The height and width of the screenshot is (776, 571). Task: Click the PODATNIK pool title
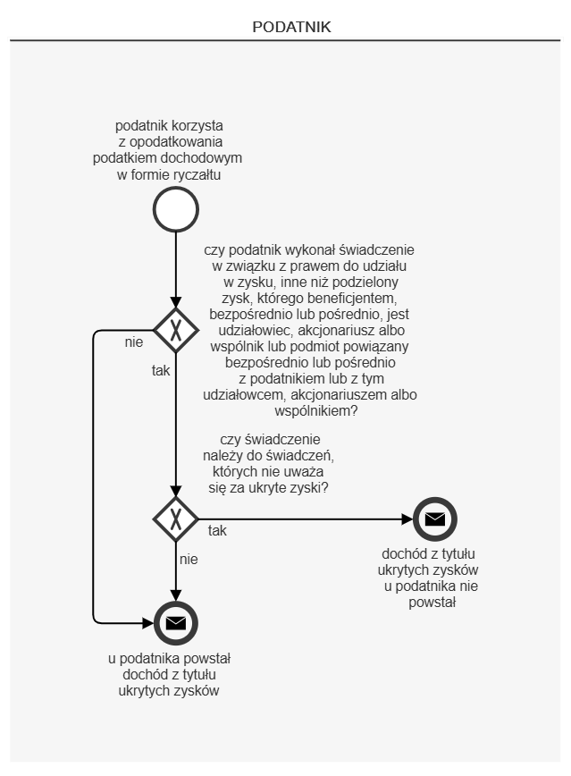(x=291, y=28)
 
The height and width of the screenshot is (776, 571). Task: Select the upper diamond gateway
(x=176, y=330)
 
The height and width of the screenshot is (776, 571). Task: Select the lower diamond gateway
(x=176, y=519)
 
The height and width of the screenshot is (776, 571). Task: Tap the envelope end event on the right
(x=435, y=519)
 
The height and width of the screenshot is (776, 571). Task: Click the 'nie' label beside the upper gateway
(x=134, y=342)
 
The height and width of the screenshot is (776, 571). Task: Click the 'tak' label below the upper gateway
(x=161, y=368)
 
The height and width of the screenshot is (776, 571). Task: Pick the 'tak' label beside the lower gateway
(x=217, y=530)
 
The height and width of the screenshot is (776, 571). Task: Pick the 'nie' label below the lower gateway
(x=188, y=560)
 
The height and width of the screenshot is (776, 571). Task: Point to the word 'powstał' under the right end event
(x=432, y=602)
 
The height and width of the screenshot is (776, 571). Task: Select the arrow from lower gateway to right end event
(x=304, y=519)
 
